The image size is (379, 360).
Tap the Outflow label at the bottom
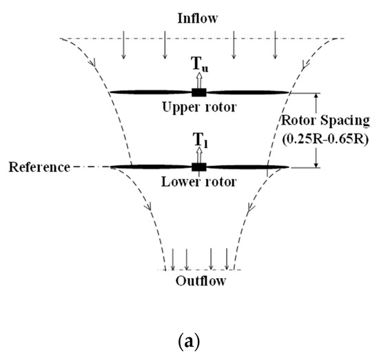[x=199, y=280]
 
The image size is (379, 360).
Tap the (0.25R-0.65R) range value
[x=336, y=137]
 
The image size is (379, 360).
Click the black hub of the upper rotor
[x=199, y=92]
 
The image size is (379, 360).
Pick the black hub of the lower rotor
[x=199, y=166]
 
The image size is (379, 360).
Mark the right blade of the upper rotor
[x=248, y=92]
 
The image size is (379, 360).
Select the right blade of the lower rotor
[x=248, y=166]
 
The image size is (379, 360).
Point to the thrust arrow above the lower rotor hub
[x=199, y=153]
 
